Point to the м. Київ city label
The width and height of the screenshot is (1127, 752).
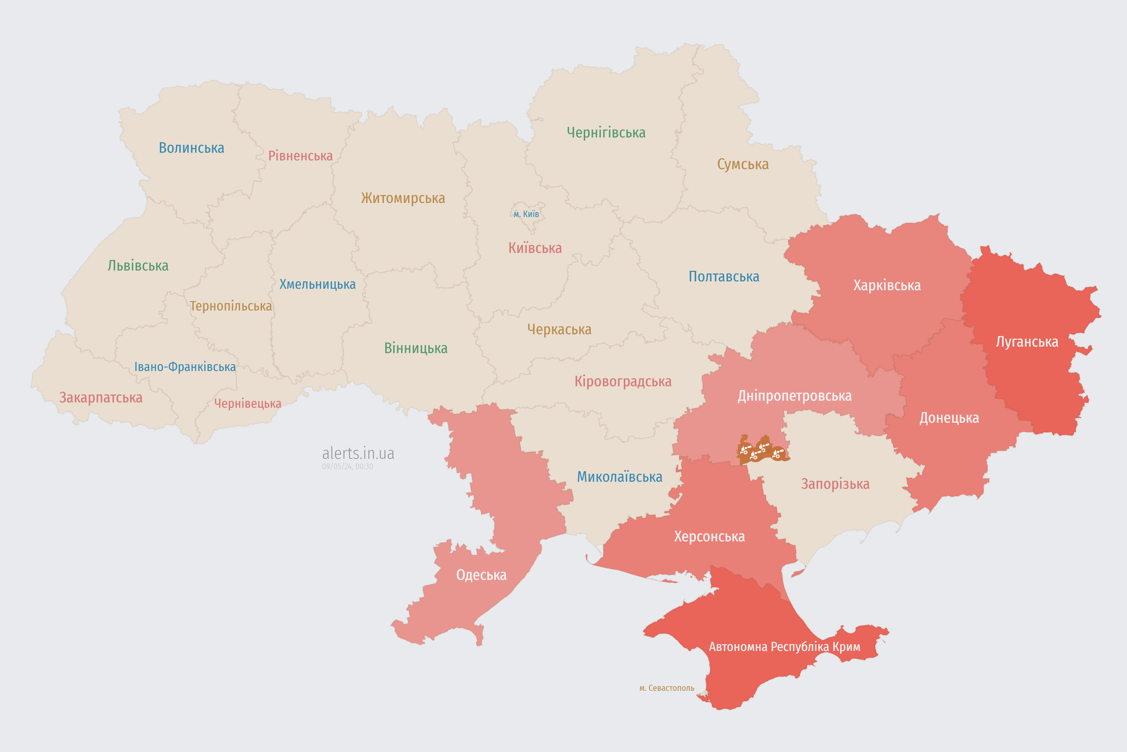click(526, 214)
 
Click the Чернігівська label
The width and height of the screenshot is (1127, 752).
click(606, 132)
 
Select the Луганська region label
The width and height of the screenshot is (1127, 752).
click(1027, 342)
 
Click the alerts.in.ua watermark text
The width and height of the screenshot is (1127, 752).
click(358, 453)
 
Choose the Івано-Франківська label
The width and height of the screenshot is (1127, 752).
click(185, 367)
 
